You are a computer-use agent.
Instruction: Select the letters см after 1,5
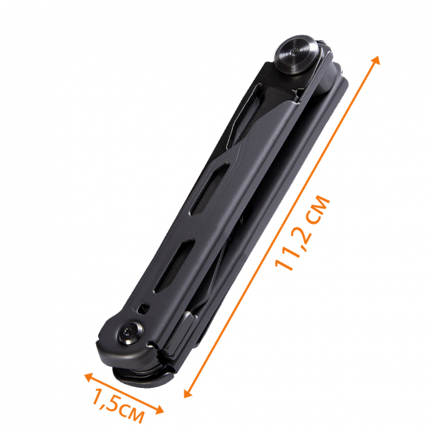coord(132,413)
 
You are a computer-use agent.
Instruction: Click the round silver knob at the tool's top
coord(298,54)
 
